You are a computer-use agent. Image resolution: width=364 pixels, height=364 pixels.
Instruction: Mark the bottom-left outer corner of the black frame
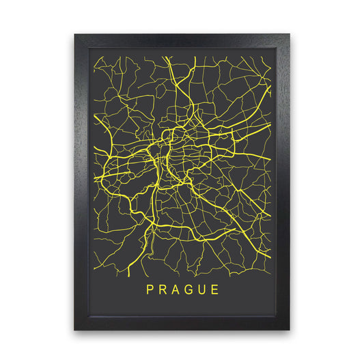pyautogui.click(x=74, y=331)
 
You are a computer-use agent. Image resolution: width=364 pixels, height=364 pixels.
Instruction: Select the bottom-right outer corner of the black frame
pyautogui.click(x=290, y=331)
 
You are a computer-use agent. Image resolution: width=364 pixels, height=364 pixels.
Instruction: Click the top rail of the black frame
pyautogui.click(x=182, y=40)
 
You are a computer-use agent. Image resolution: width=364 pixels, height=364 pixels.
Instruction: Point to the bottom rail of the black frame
pyautogui.click(x=182, y=324)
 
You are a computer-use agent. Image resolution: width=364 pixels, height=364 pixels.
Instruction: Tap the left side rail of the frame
pyautogui.click(x=81, y=182)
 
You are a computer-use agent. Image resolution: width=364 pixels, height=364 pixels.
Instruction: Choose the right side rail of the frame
pyautogui.click(x=283, y=182)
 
